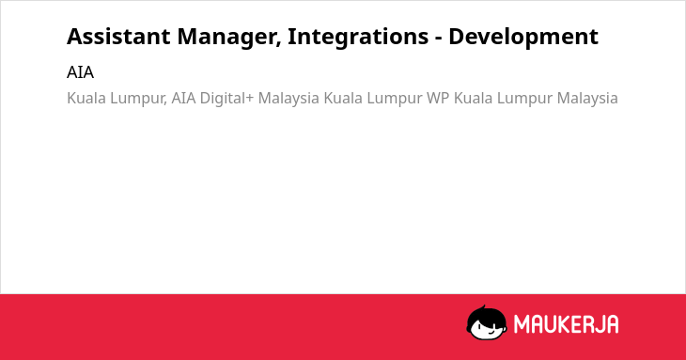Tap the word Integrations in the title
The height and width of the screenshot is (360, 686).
[358, 38]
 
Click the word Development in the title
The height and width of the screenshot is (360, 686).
[523, 38]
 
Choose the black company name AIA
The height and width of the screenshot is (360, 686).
[80, 72]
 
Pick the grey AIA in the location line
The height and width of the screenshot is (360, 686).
[183, 98]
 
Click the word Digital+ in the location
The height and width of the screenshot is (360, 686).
[226, 99]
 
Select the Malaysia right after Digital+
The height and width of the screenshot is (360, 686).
[288, 99]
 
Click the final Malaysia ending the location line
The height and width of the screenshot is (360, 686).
[587, 99]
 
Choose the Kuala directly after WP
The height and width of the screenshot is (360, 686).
[473, 98]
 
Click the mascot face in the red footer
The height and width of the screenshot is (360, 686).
[487, 322]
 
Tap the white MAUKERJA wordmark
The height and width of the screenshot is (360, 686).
[566, 324]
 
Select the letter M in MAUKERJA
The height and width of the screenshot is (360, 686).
[522, 324]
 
